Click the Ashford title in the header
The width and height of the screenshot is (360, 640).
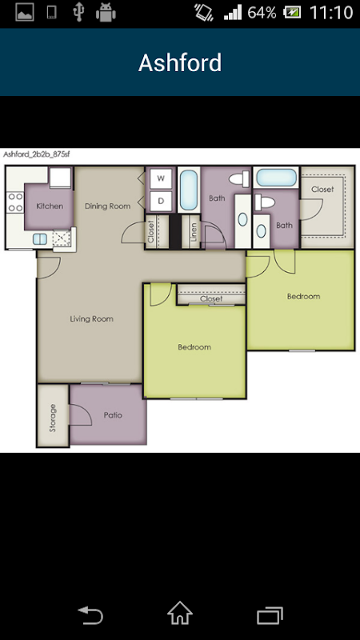click(180, 62)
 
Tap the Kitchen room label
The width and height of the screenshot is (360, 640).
click(50, 206)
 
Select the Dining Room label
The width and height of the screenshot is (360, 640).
click(108, 206)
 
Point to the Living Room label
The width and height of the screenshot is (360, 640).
click(91, 318)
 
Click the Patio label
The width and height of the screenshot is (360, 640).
click(113, 415)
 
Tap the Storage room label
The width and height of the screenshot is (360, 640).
click(52, 418)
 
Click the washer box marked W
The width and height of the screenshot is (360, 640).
click(161, 178)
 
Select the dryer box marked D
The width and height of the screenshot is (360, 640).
click(161, 202)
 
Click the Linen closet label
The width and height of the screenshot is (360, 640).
click(194, 232)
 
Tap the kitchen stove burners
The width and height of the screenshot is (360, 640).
click(15, 202)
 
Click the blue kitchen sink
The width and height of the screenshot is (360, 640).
click(39, 238)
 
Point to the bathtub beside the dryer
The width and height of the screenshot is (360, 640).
click(189, 190)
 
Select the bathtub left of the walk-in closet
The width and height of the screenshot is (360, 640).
click(276, 178)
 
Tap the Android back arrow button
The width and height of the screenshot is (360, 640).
click(90, 615)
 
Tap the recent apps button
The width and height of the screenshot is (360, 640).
click(270, 615)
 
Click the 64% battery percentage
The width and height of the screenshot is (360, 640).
click(262, 13)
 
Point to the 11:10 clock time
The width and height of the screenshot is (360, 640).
click(331, 13)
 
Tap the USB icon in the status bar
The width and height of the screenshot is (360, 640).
click(78, 12)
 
